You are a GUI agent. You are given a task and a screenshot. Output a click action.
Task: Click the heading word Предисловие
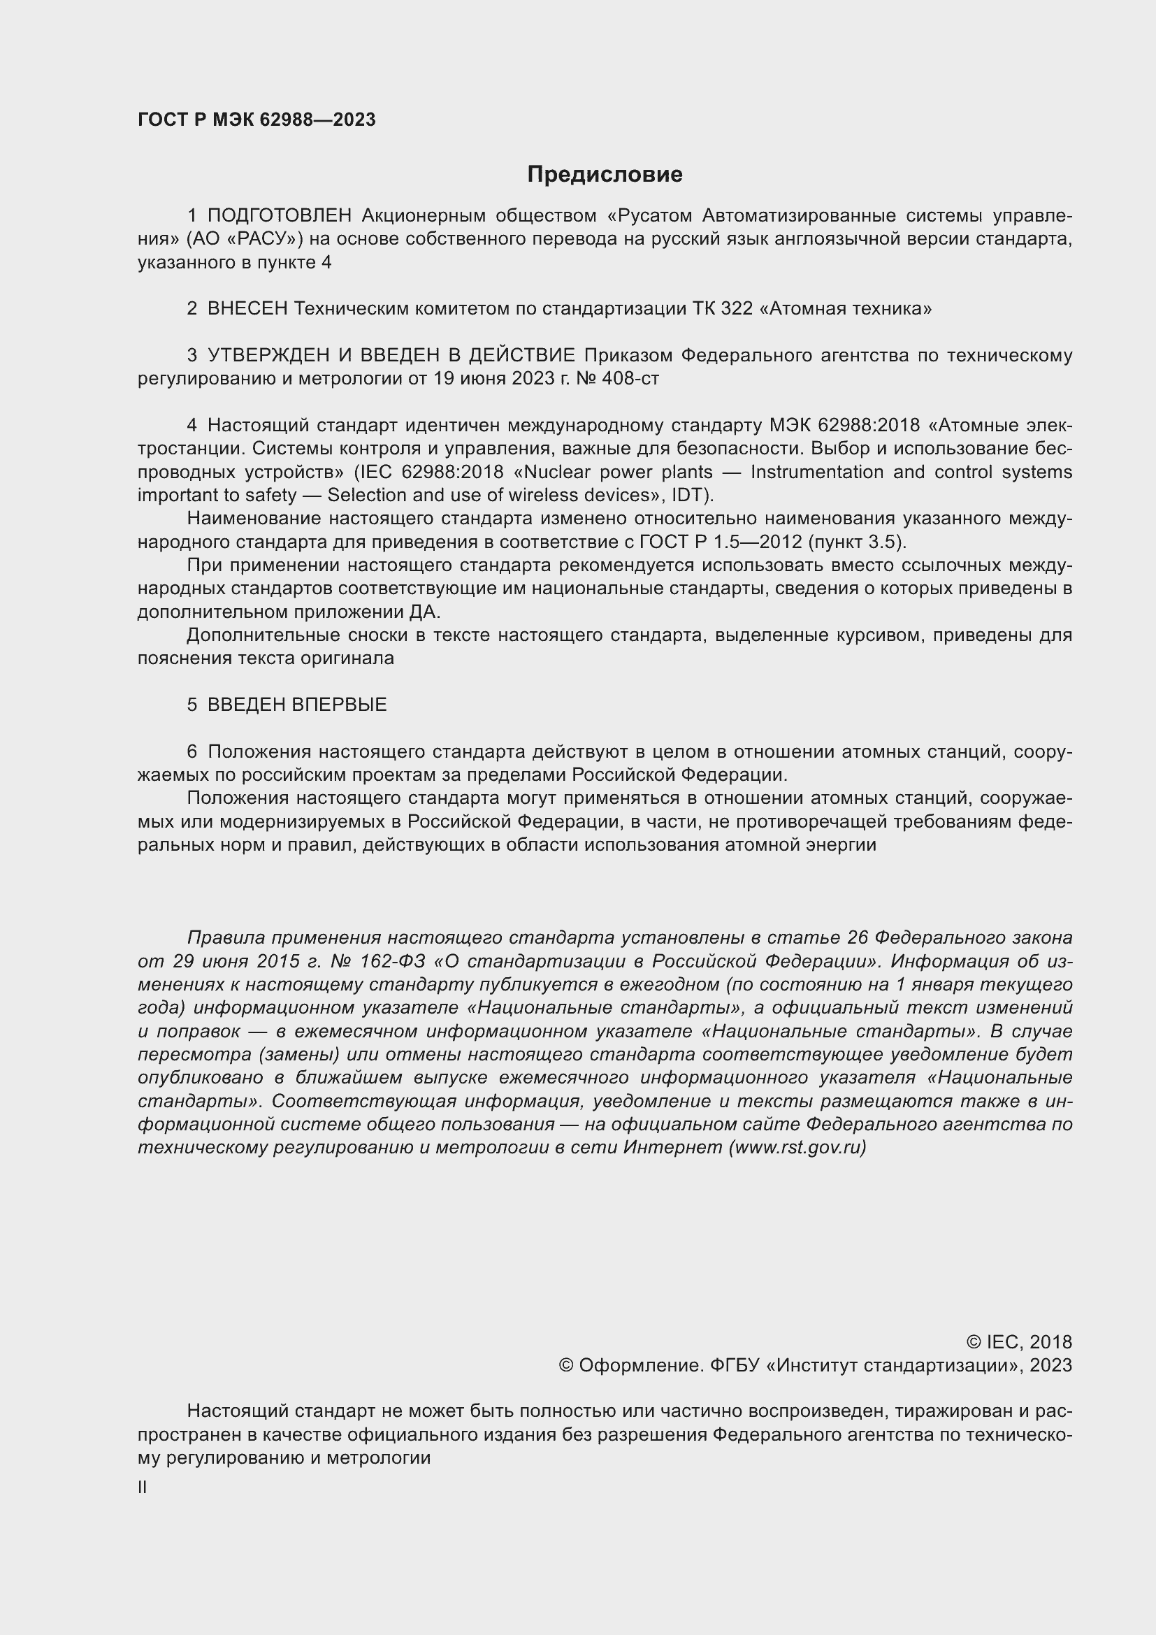pos(605,175)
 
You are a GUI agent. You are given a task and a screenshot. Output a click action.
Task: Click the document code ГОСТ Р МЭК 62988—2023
pos(257,120)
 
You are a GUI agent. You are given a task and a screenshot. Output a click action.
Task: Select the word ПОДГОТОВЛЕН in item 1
pos(279,215)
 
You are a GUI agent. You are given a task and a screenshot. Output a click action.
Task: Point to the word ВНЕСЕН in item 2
pos(247,308)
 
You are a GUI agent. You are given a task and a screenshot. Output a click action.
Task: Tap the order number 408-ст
pos(630,378)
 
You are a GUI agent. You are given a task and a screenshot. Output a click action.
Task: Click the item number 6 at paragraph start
pos(192,751)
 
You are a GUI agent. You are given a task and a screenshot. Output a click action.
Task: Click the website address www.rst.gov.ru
pos(797,1147)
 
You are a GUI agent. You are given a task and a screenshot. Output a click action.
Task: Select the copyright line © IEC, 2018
pos(1018,1341)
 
